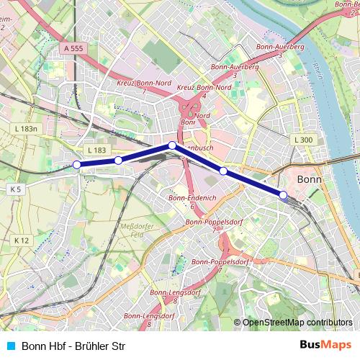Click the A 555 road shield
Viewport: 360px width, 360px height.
coord(73,48)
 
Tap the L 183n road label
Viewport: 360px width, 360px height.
coord(25,128)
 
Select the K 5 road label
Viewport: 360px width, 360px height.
coord(17,189)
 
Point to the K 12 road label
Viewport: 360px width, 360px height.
coord(21,239)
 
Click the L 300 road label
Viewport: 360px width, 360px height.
coord(303,139)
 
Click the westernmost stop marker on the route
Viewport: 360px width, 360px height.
coord(77,165)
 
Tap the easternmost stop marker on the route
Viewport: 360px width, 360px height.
coord(284,194)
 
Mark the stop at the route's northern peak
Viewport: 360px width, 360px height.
coord(172,145)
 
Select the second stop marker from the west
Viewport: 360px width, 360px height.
coord(118,160)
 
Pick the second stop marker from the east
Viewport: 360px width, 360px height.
coord(223,171)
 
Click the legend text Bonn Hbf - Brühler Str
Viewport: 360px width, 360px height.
coord(69,346)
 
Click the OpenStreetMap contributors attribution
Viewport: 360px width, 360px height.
coord(296,322)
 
